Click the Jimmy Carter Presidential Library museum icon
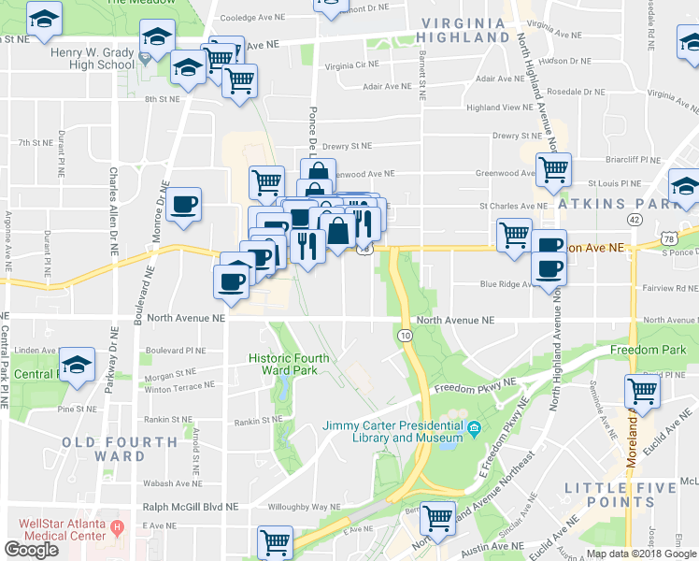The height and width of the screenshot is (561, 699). point(475,429)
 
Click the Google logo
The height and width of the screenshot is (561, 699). point(31,550)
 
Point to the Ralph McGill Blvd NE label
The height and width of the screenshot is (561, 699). point(191,506)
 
